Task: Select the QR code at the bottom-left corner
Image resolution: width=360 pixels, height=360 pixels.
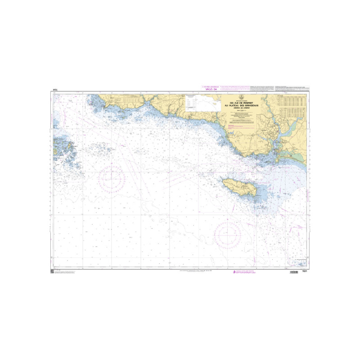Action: click(52, 272)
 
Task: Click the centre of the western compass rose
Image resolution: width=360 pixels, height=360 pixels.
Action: click(111, 179)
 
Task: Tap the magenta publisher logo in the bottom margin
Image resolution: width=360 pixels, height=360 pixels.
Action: click(234, 272)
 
